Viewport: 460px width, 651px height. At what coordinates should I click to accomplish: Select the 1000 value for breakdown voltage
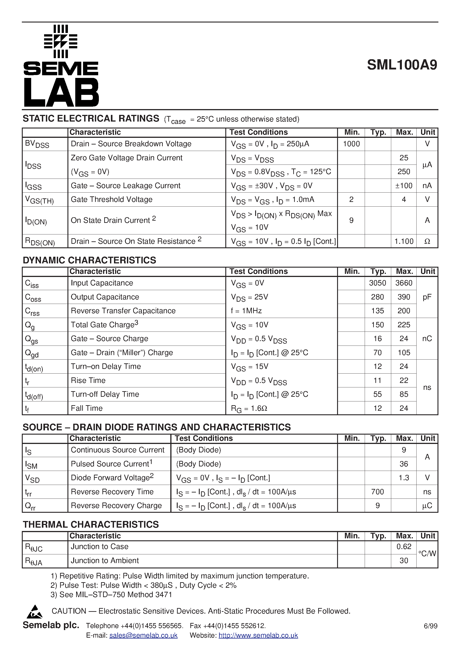[x=351, y=144]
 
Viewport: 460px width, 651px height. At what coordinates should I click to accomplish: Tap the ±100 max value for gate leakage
[x=404, y=186]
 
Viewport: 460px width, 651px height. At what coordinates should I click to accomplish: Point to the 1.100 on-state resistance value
[x=404, y=241]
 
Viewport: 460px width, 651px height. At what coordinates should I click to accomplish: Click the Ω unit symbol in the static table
[x=427, y=241]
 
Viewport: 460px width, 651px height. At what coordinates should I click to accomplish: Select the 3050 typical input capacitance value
[x=377, y=283]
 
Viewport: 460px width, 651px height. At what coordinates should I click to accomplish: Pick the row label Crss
[x=32, y=311]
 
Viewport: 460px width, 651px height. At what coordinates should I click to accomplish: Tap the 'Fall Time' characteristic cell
[x=87, y=408]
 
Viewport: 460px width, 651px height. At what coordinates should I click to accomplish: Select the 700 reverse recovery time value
[x=377, y=492]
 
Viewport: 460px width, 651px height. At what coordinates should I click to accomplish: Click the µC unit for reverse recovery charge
[x=427, y=506]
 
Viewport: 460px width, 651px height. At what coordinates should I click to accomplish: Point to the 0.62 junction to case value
[x=404, y=546]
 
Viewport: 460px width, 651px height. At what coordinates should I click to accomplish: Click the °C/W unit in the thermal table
[x=427, y=553]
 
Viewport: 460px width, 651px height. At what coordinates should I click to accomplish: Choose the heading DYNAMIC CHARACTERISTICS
[x=89, y=260]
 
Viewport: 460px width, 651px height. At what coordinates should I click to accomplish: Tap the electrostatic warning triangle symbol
[x=35, y=612]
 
